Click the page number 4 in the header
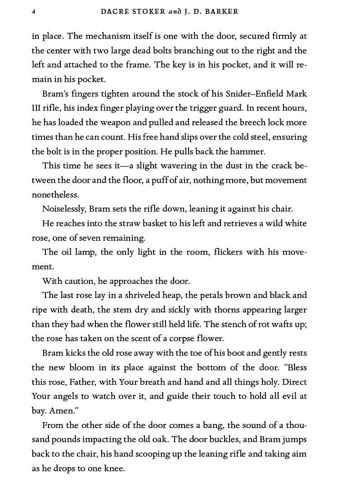[34, 12]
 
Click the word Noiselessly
[63, 209]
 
